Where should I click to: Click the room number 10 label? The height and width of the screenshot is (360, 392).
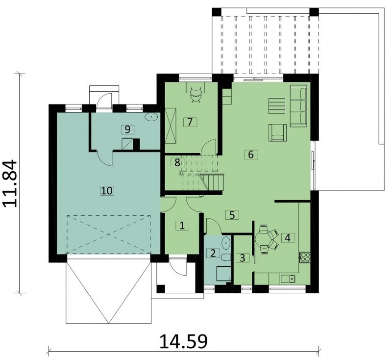point(107,191)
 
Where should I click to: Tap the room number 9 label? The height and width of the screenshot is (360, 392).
point(127,129)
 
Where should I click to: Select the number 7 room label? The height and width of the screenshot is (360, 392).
point(190,122)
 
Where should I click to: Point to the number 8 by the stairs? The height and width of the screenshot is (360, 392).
point(177,163)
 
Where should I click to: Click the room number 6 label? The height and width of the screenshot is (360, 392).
point(251,154)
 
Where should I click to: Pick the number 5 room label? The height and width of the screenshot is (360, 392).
point(232,215)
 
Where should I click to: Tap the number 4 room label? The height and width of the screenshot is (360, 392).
point(288,238)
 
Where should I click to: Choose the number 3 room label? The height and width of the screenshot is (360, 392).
point(243,257)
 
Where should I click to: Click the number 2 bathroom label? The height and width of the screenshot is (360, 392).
point(213,253)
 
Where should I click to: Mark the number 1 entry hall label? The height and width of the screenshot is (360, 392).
point(182,226)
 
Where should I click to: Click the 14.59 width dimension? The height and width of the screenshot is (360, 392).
point(183,341)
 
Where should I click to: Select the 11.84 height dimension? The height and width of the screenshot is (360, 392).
point(10,183)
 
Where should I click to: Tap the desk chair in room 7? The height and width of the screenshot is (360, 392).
point(196,95)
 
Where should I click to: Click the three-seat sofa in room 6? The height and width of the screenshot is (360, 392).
point(298,106)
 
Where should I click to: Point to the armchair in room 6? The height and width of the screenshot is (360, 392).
point(277,133)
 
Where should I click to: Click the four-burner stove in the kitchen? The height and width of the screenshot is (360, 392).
point(305,257)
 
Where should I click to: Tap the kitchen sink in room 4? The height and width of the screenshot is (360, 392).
point(288,279)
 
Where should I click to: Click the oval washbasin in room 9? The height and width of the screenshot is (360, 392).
point(151,117)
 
